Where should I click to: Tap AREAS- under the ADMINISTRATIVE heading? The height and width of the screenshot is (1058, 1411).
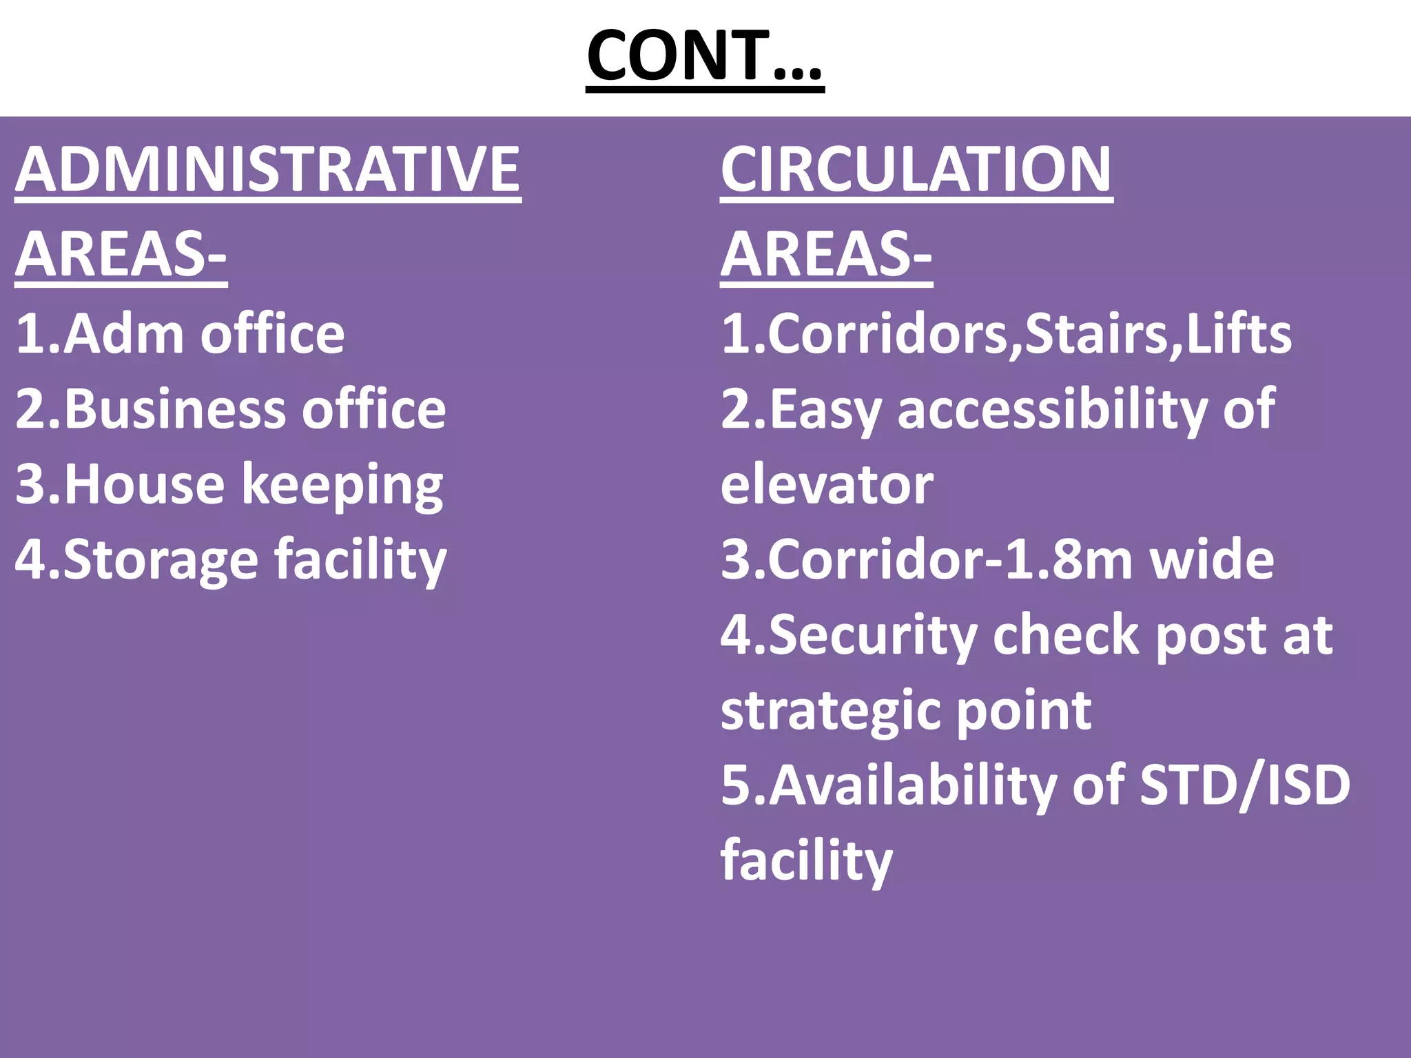pos(121,254)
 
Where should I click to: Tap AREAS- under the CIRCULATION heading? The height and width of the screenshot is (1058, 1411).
pos(826,254)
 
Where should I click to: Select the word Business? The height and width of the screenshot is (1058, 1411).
pos(175,409)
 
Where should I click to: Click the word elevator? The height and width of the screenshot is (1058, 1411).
pos(827,485)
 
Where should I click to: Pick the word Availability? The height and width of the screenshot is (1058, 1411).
pos(913,786)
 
